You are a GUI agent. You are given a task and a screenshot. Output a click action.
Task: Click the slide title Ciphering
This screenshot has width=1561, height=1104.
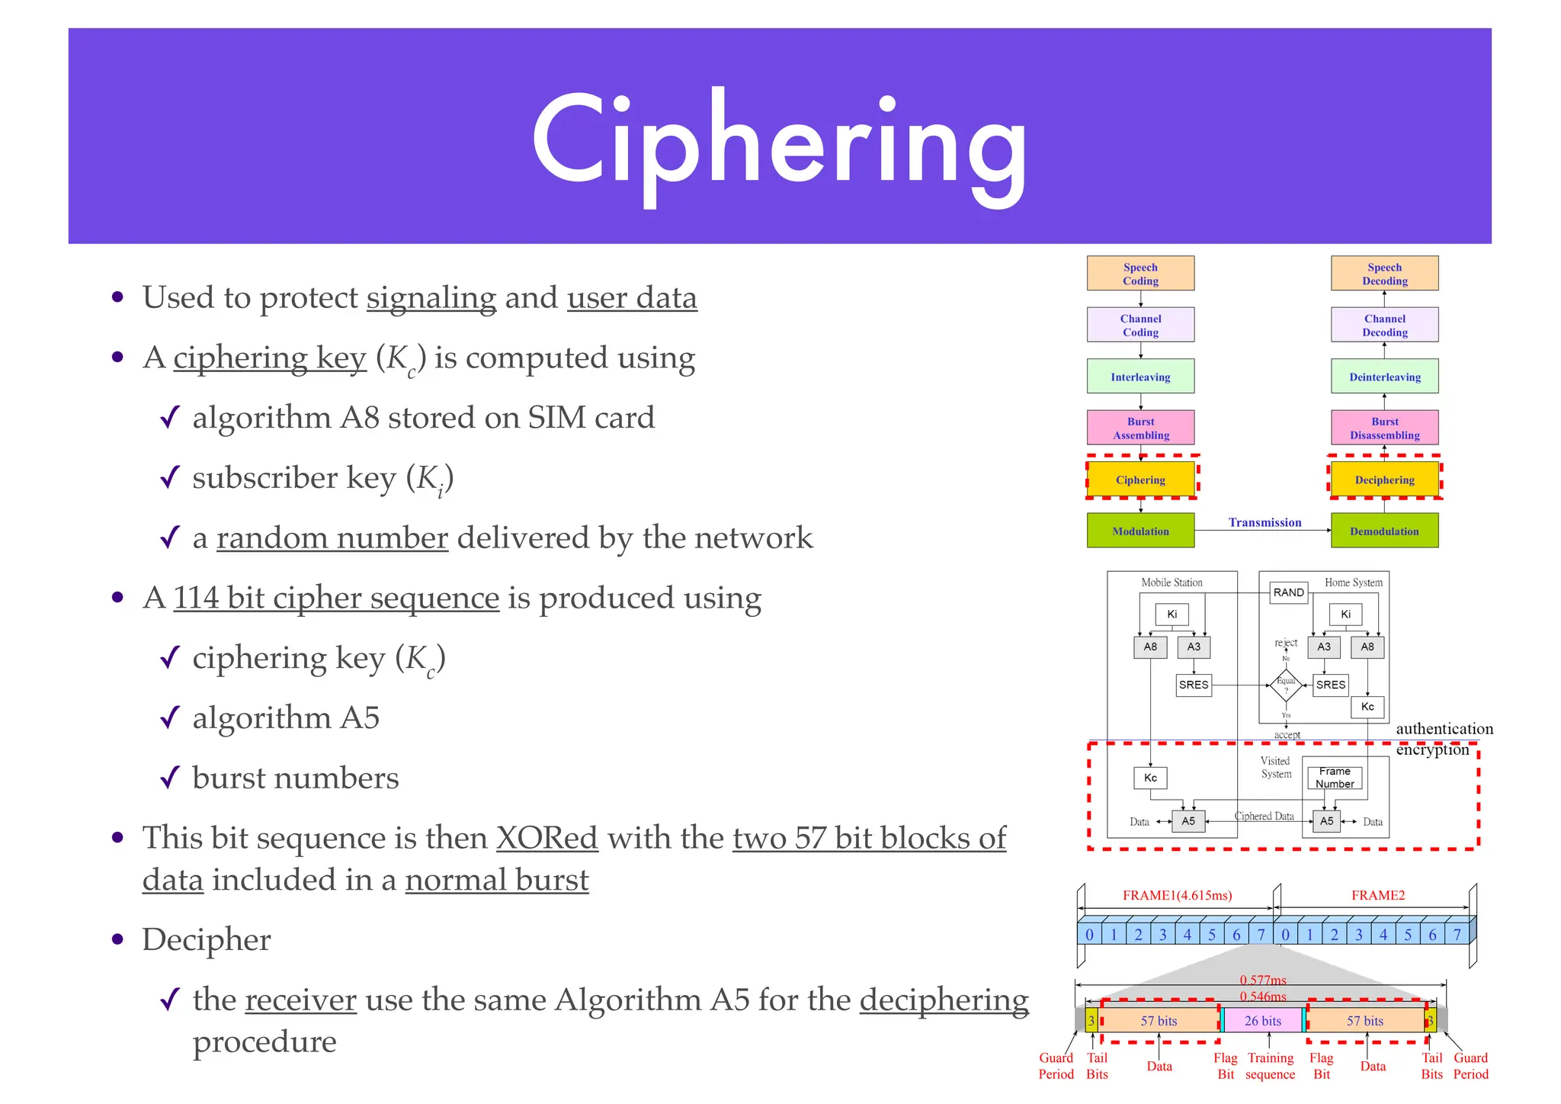click(779, 145)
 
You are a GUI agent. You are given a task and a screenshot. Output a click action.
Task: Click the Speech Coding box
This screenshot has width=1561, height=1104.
click(1140, 274)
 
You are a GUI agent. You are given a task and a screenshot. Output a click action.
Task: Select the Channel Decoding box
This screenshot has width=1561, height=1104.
click(1384, 326)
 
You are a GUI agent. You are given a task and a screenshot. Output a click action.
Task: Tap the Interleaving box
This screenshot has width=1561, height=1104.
click(1140, 377)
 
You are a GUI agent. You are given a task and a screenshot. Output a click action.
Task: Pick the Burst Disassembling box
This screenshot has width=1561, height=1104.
click(1384, 428)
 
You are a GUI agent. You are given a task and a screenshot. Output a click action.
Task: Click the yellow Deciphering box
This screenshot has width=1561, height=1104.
click(1384, 480)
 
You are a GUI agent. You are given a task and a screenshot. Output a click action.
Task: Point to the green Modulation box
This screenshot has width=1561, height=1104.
click(1140, 531)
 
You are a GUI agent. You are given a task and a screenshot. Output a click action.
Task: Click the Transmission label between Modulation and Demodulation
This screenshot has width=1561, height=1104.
click(1265, 522)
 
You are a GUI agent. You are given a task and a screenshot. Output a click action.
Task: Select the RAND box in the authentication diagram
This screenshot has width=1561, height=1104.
click(1288, 592)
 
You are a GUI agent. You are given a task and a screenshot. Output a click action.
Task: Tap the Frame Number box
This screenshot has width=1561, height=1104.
click(1335, 778)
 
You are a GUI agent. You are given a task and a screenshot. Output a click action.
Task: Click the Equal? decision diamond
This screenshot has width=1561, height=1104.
click(1286, 685)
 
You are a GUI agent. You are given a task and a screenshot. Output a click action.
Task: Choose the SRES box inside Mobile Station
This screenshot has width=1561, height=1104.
click(1193, 685)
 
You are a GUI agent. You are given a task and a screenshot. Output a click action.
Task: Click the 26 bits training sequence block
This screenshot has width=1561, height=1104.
click(1263, 1020)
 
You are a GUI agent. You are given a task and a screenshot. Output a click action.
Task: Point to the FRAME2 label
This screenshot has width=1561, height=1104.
click(1377, 895)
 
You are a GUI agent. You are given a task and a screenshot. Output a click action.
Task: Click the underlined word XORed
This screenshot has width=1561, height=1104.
click(547, 838)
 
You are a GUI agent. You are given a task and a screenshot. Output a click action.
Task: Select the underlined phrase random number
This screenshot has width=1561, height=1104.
click(332, 538)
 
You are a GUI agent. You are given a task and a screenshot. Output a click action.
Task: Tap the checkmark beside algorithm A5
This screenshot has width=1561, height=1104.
click(169, 717)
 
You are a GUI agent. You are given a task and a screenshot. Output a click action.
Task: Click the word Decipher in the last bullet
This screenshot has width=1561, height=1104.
click(207, 939)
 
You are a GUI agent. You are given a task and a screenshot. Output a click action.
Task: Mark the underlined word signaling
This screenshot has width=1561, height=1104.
click(431, 298)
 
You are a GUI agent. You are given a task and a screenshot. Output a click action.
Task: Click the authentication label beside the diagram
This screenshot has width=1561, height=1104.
click(1444, 729)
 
